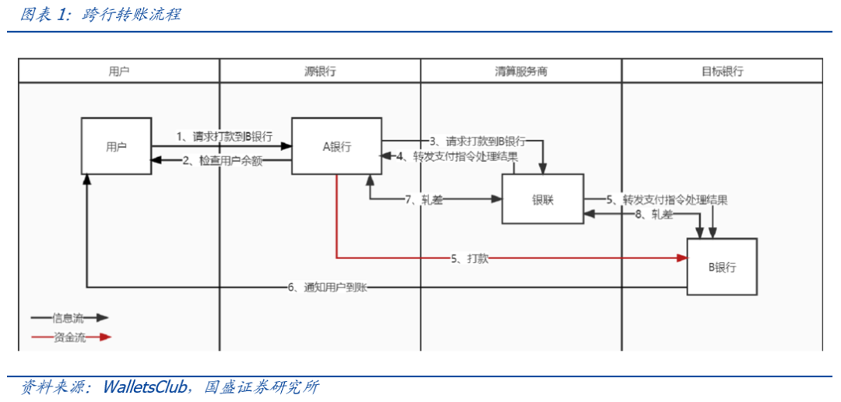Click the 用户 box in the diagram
click(116, 146)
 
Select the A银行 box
click(336, 146)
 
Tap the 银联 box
click(542, 198)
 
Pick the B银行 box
click(722, 267)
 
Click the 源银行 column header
click(319, 71)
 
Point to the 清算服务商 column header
click(521, 71)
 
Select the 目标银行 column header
click(722, 71)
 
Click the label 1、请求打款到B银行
click(223, 137)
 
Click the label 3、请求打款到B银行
click(477, 142)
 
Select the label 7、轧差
click(424, 200)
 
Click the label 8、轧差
click(653, 215)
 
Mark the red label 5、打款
click(469, 258)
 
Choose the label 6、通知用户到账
click(327, 288)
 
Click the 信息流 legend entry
click(69, 317)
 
